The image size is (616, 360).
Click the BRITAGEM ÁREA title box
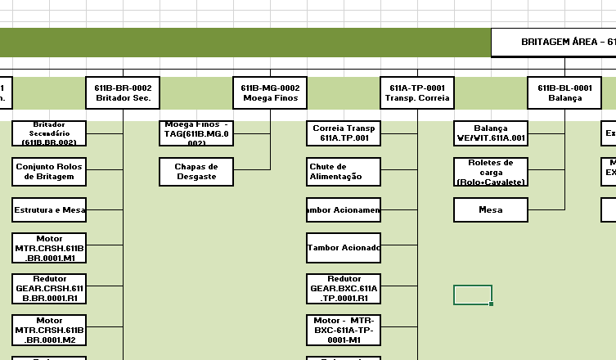(x=554, y=42)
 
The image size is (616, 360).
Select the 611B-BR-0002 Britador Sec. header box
(x=123, y=92)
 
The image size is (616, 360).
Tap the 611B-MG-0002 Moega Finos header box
(x=271, y=92)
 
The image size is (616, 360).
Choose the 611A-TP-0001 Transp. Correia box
(x=417, y=92)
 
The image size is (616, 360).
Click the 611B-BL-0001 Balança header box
(x=564, y=92)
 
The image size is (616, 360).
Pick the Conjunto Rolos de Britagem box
(x=49, y=172)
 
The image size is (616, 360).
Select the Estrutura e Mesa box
(x=49, y=210)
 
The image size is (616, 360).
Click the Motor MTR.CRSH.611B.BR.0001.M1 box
(x=49, y=249)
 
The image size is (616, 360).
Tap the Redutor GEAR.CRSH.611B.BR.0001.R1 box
(x=49, y=288)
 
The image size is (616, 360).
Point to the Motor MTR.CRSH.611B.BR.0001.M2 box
(x=49, y=331)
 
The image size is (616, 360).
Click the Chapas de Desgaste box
(x=196, y=172)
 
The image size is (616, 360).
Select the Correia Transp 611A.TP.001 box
(x=344, y=133)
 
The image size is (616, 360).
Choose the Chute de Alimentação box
(x=344, y=172)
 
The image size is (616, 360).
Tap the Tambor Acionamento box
(x=344, y=210)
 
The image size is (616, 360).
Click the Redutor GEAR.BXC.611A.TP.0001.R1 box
(x=344, y=288)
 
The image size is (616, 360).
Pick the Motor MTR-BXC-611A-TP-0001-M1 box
(x=344, y=331)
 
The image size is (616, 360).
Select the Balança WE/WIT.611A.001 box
(x=491, y=133)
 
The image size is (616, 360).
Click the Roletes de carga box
(x=491, y=172)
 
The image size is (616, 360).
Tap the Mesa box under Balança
(x=491, y=210)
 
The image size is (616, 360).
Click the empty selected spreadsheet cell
(x=473, y=295)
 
